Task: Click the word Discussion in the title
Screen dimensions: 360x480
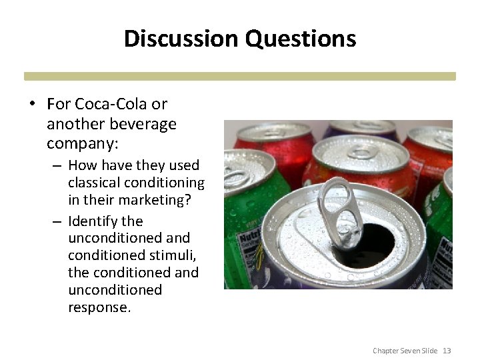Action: [181, 38]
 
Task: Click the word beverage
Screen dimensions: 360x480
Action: [144, 124]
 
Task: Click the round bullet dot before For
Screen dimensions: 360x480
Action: [31, 105]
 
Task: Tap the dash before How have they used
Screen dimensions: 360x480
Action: [57, 165]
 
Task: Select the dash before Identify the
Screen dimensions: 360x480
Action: [57, 221]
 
